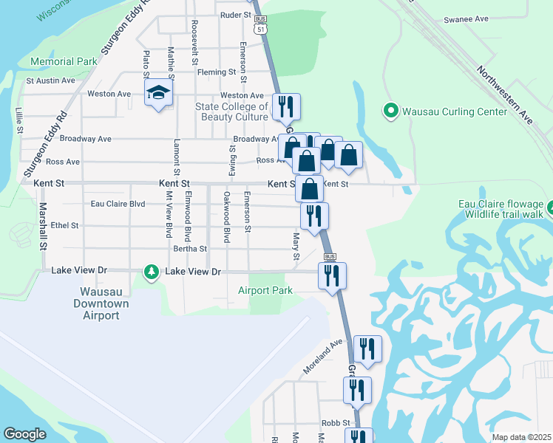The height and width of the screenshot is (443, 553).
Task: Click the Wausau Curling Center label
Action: [455, 111]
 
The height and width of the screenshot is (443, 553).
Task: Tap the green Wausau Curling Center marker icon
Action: [391, 111]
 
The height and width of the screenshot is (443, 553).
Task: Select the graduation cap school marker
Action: [158, 93]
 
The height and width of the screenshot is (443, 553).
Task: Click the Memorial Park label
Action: [64, 61]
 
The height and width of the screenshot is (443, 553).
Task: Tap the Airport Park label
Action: [265, 290]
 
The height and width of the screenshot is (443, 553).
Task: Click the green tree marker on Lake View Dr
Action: [152, 272]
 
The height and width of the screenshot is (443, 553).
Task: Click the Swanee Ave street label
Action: [466, 18]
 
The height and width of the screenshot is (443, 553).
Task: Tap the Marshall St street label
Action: [44, 225]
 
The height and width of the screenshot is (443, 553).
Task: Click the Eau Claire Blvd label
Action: [117, 204]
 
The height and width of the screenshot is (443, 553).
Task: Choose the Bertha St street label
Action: [190, 249]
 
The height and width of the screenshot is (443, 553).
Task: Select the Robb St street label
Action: [335, 423]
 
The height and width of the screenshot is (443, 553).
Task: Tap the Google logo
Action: [24, 433]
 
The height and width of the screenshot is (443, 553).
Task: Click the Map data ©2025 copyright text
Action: [520, 437]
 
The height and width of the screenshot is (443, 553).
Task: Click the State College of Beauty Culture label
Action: [231, 111]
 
